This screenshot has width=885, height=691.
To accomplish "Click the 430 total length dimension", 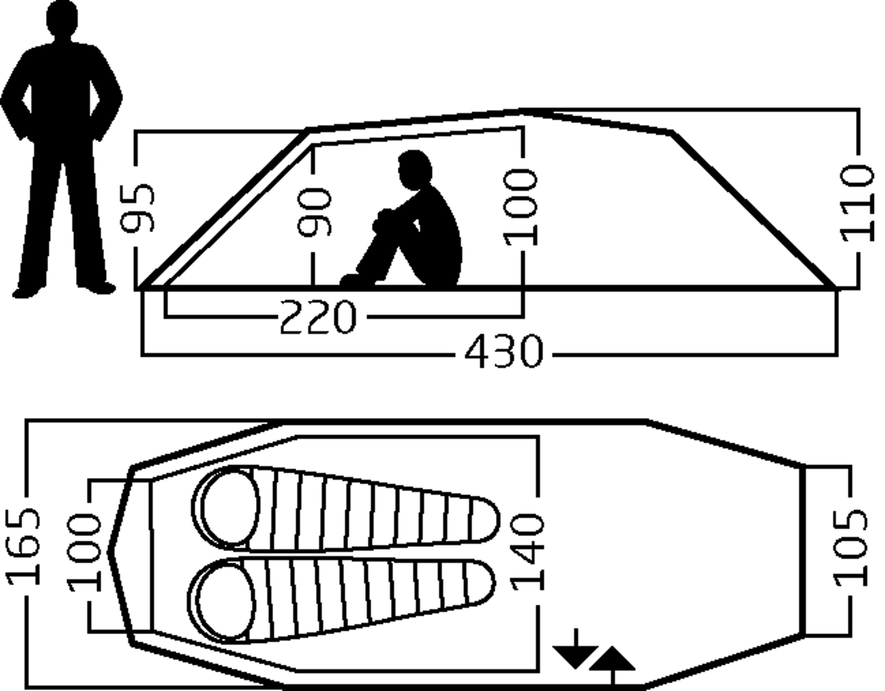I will coord(503,352).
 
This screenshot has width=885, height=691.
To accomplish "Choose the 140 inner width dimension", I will coord(528,552).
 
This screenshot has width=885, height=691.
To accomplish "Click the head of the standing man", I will coord(62,18).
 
